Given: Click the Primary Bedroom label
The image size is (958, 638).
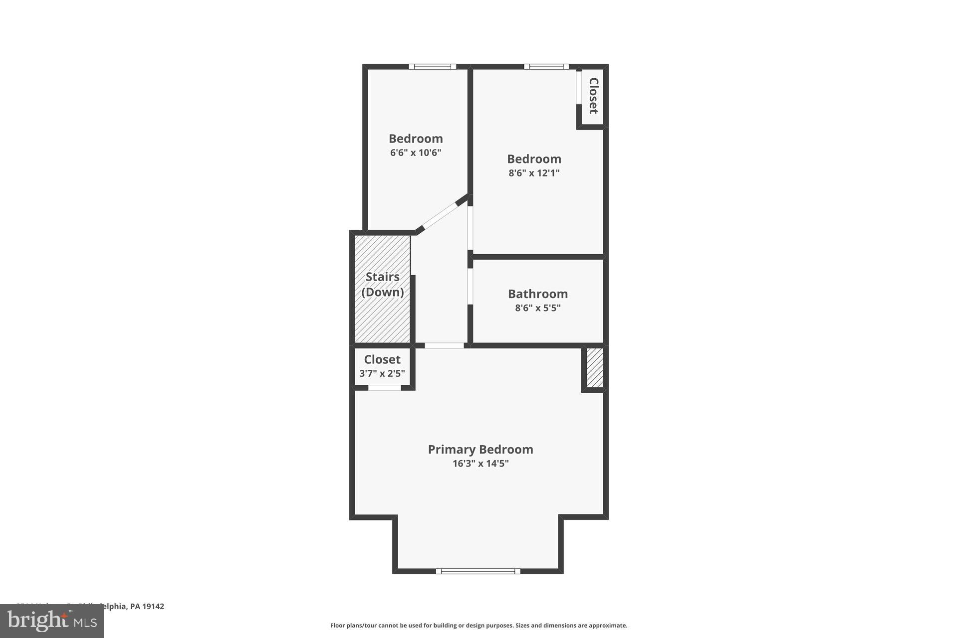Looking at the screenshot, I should (x=480, y=449).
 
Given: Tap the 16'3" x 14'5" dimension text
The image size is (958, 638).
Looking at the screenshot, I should (x=480, y=464).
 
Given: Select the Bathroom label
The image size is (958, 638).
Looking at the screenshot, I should (x=538, y=294).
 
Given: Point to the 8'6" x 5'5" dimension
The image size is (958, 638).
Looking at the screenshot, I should (x=538, y=308).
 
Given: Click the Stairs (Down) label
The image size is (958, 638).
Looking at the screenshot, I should (x=383, y=284).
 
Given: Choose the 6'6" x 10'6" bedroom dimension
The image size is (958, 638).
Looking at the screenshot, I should (x=416, y=153).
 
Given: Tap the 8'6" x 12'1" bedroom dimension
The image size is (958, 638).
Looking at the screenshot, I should (x=534, y=173).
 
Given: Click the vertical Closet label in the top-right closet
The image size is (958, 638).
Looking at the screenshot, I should (x=593, y=96).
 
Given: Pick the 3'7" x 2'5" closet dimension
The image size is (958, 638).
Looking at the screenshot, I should (x=382, y=373).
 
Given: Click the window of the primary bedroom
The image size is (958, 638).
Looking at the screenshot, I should (x=478, y=571).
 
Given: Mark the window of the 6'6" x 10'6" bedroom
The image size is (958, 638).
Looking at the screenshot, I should (x=433, y=66).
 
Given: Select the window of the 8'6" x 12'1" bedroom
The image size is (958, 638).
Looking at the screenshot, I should (x=546, y=66).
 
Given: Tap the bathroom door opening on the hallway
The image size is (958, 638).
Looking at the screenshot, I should (x=470, y=287).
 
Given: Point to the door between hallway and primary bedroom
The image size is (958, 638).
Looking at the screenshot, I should (x=444, y=345).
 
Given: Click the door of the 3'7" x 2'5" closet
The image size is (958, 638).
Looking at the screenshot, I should (x=384, y=388).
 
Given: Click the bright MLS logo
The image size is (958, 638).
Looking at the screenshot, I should (x=52, y=621).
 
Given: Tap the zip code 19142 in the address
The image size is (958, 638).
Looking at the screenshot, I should (x=153, y=607).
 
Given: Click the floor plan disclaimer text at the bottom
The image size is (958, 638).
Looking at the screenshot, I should (x=479, y=626).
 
